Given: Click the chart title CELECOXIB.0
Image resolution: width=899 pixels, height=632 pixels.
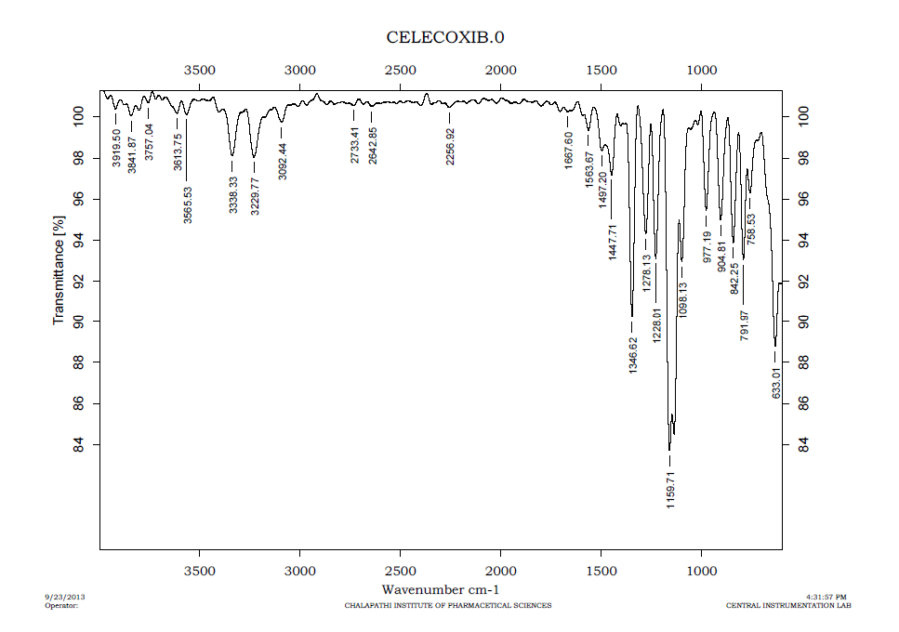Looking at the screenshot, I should pyautogui.click(x=445, y=37).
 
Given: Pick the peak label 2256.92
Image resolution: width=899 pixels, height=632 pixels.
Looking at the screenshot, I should pyautogui.click(x=450, y=146).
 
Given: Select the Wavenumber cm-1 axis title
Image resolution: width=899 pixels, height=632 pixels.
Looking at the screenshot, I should pyautogui.click(x=441, y=590).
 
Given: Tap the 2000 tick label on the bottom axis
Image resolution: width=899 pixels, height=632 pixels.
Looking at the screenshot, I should pyautogui.click(x=501, y=569).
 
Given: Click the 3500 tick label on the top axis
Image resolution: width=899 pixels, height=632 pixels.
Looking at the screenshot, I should pyautogui.click(x=199, y=71).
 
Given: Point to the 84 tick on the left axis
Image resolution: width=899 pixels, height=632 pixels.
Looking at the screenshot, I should pyautogui.click(x=78, y=446).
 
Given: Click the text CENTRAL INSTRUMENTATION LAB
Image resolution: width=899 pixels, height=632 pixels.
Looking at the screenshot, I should pyautogui.click(x=788, y=606).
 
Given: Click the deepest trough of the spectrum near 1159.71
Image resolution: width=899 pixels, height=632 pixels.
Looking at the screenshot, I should pyautogui.click(x=668, y=449).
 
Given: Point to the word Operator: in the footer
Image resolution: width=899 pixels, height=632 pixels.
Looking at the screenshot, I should pyautogui.click(x=61, y=606).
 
